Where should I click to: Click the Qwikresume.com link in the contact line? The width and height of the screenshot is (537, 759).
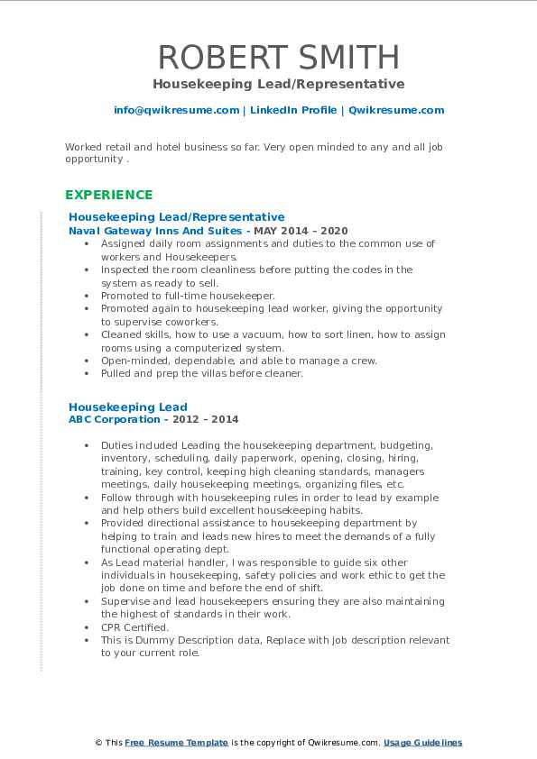pyautogui.click(x=396, y=110)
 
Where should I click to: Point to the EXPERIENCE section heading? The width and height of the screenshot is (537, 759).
pyautogui.click(x=108, y=195)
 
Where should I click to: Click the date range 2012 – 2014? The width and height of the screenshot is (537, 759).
pyautogui.click(x=209, y=419)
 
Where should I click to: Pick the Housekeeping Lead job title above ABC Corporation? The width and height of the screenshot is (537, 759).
pyautogui.click(x=128, y=407)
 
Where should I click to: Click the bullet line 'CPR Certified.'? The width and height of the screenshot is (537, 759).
pyautogui.click(x=134, y=627)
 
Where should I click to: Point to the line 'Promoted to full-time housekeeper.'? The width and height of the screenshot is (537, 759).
pyautogui.click(x=189, y=296)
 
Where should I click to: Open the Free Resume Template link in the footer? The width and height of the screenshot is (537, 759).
pyautogui.click(x=177, y=743)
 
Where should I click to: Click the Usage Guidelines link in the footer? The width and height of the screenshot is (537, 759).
pyautogui.click(x=422, y=743)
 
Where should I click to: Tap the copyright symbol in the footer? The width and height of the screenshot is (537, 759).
pyautogui.click(x=99, y=743)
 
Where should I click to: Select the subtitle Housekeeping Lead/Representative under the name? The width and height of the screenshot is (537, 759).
pyautogui.click(x=278, y=84)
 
